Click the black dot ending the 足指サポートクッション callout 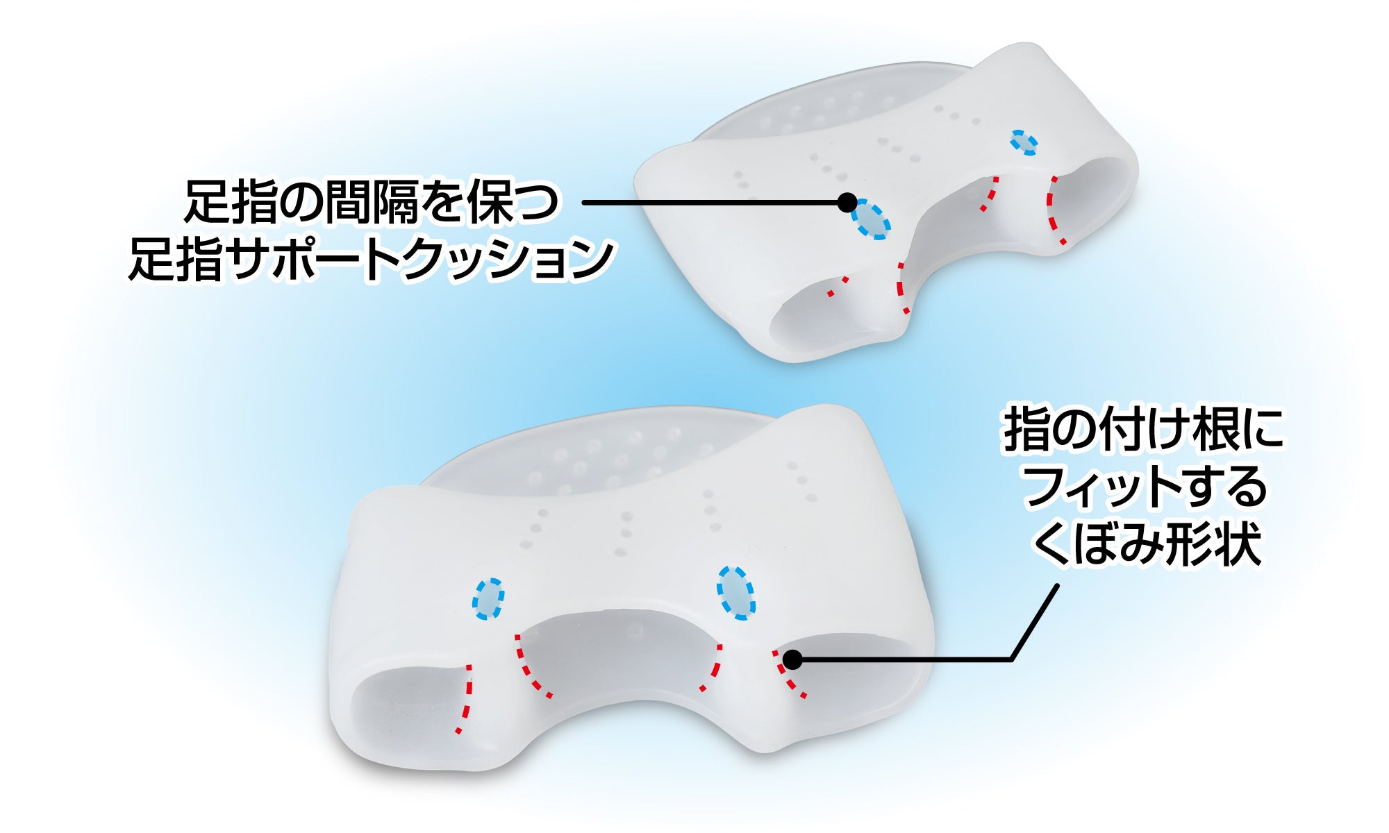click(847, 203)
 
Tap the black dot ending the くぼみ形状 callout click(792, 659)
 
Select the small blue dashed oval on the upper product click(1024, 142)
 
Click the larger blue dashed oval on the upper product click(871, 219)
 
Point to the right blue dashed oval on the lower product click(735, 592)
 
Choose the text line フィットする click(1145, 487)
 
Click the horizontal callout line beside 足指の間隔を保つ click(708, 203)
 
